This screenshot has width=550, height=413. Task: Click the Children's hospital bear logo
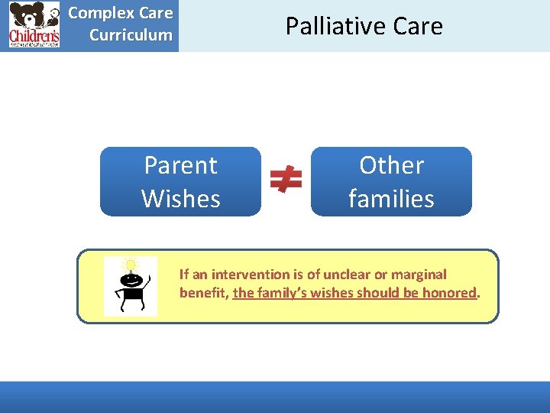34,24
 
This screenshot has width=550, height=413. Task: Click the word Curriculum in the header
131,35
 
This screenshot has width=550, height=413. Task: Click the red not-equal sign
286,180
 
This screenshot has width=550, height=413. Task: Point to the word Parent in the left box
181,165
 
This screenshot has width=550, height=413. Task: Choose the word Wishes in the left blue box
181,198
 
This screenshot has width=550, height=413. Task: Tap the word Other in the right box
391,165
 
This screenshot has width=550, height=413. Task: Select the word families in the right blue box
391,198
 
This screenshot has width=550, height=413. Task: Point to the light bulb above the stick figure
131,265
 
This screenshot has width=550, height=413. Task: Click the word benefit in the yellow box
202,292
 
